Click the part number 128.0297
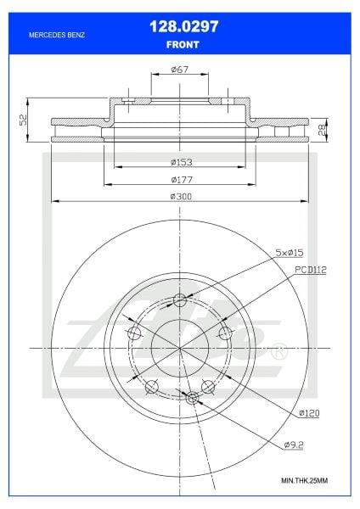(184, 26)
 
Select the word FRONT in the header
(183, 45)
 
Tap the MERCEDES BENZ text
(57, 35)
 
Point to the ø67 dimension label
(180, 70)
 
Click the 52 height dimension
(23, 120)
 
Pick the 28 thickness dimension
(323, 130)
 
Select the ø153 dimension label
(182, 162)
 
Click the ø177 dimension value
(182, 179)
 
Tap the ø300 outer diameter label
(181, 197)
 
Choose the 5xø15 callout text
(290, 253)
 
